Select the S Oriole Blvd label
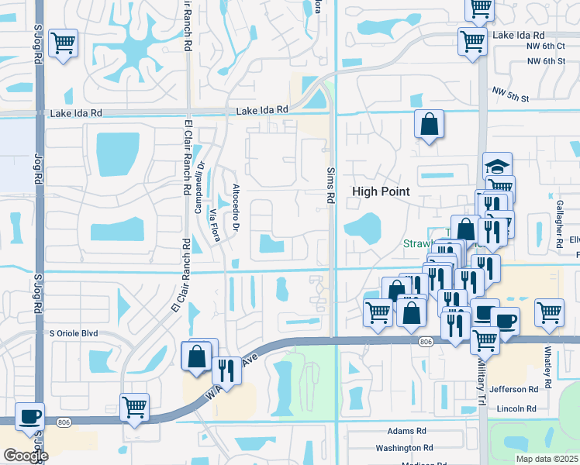[x=74, y=333]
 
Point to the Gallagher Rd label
[x=559, y=222]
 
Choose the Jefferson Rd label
[x=513, y=390]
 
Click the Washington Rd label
[x=402, y=448]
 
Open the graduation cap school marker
[x=498, y=166]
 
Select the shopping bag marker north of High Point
[x=429, y=124]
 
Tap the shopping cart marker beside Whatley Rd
[x=549, y=312]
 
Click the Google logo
[x=26, y=456]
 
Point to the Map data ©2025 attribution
[x=546, y=459]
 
